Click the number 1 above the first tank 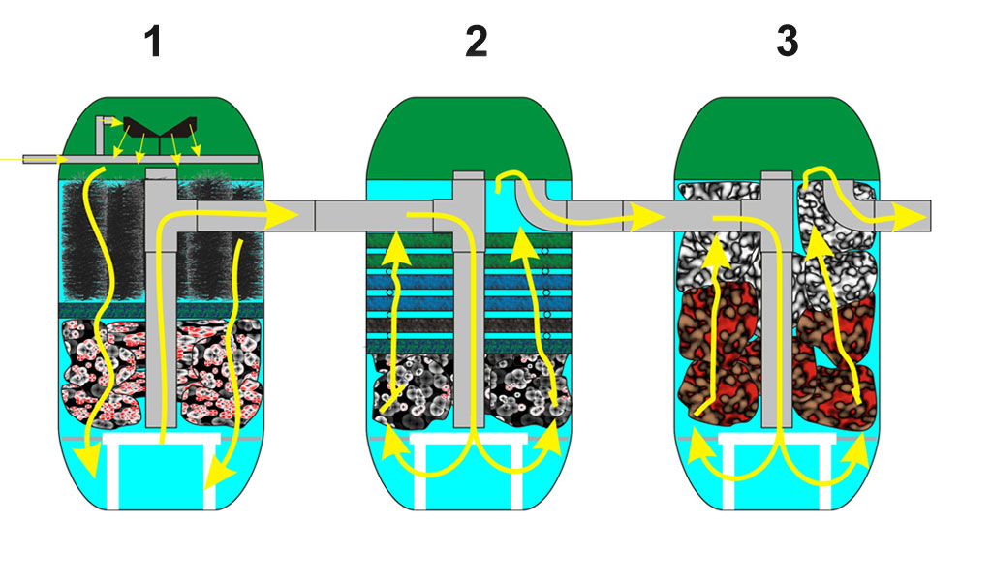click(x=152, y=43)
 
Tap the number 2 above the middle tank click(x=476, y=43)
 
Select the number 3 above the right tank click(x=788, y=43)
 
